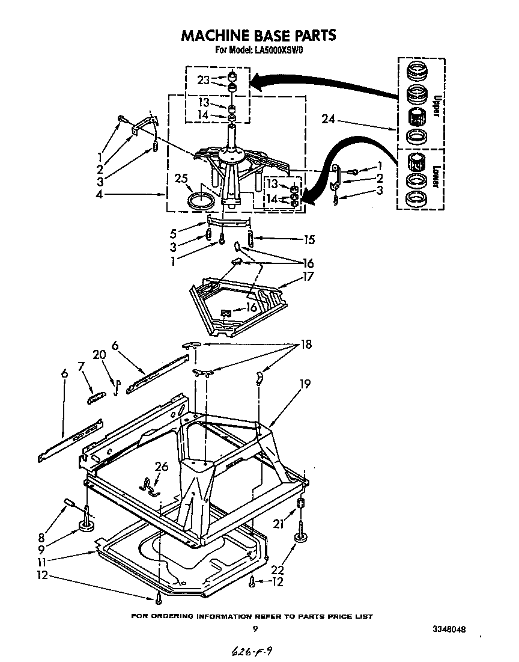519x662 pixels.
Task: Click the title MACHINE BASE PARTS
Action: [258, 35]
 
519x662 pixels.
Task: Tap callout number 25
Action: [181, 179]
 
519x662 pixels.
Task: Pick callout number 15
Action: [309, 240]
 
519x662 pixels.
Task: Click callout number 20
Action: [99, 355]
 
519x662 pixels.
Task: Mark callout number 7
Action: [81, 366]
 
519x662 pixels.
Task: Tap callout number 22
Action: [278, 569]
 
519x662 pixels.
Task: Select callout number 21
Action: [277, 524]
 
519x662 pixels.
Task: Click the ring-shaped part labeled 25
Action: [200, 200]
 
